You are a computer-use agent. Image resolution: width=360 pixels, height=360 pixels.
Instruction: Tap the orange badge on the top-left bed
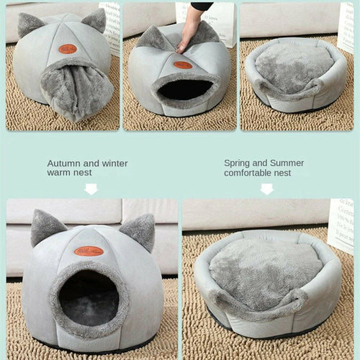click(x=68, y=49)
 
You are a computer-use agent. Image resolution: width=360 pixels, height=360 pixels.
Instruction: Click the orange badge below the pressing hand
click(x=183, y=65)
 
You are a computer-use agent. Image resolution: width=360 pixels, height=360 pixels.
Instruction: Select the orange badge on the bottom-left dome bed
click(x=89, y=251)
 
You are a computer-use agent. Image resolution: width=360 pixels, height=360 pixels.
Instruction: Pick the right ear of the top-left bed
click(x=94, y=19)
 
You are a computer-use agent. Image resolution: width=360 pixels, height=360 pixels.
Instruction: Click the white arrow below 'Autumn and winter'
click(x=91, y=189)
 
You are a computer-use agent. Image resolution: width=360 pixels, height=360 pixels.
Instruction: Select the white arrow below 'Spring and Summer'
click(x=267, y=189)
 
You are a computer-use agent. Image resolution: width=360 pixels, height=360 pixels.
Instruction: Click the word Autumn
click(x=63, y=163)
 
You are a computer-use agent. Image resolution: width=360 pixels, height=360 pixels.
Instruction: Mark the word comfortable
click(x=251, y=173)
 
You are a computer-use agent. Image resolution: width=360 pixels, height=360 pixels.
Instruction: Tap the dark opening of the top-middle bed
click(x=184, y=89)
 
